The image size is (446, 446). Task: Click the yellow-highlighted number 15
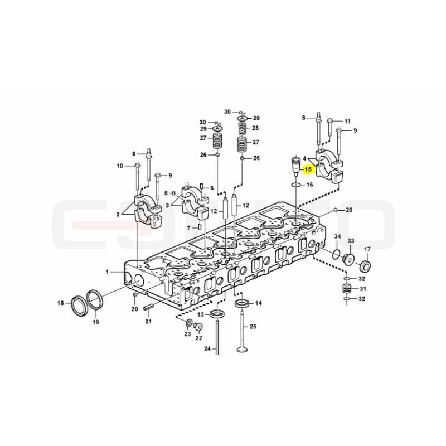coord(308,170)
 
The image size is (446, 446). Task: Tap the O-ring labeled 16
coord(296,185)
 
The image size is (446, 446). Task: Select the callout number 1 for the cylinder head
coord(107,272)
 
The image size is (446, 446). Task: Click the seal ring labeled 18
coord(79,306)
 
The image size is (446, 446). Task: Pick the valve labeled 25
coord(242,331)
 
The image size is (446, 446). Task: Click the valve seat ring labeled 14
coord(243,303)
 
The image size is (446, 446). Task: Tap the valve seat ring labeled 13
coord(218,314)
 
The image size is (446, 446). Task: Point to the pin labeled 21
coord(148,308)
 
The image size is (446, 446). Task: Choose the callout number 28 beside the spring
coord(255,128)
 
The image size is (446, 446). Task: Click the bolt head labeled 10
coord(137,165)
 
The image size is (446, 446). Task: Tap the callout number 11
coord(347,122)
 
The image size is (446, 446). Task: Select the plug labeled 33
coord(348,259)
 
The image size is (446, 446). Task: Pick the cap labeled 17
coord(365,266)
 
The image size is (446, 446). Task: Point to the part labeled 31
coord(346,289)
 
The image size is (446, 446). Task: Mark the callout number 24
coord(207,348)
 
